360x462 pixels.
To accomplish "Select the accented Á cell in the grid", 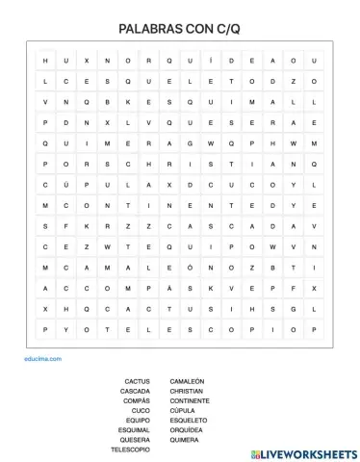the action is pyautogui.click(x=169, y=287).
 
